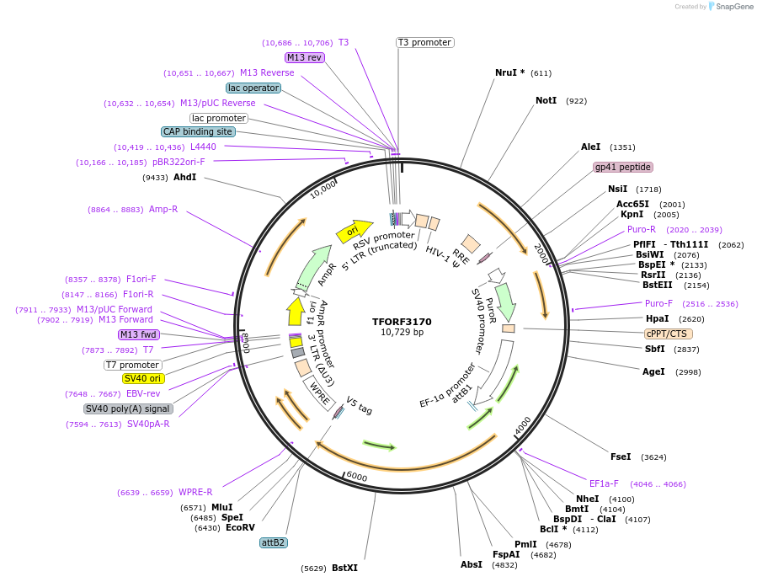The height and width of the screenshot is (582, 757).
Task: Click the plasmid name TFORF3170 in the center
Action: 402,321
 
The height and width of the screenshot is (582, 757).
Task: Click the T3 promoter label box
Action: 425,42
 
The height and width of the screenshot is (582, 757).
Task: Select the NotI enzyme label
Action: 546,100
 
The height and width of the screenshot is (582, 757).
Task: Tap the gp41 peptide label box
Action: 622,167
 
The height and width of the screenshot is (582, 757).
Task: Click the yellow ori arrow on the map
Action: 353,231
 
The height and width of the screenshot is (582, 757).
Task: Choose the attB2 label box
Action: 274,542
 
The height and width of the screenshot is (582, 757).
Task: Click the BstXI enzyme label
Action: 344,568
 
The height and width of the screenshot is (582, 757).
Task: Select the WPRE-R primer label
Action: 195,492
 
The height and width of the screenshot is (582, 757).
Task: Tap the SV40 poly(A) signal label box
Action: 129,408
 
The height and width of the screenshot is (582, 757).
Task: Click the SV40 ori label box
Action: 143,378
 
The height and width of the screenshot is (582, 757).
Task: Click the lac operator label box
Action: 253,88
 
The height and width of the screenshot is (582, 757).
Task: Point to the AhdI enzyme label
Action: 184,177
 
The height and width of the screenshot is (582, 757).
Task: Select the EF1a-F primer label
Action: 604,483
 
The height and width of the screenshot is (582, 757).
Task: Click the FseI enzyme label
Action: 621,457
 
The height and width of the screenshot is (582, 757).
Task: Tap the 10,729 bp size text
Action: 402,333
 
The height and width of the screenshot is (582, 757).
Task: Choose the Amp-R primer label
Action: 163,209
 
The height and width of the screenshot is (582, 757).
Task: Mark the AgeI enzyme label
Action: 653,371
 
